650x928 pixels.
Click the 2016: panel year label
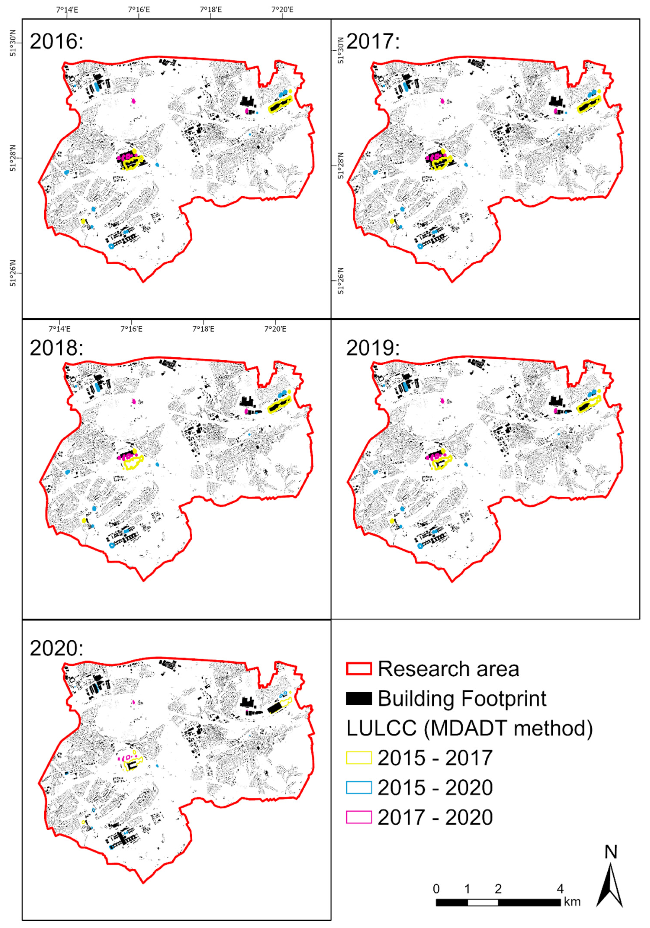point(56,41)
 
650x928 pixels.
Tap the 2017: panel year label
point(372,41)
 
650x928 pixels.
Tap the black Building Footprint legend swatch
point(358,698)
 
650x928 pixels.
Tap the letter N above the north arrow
point(611,852)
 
